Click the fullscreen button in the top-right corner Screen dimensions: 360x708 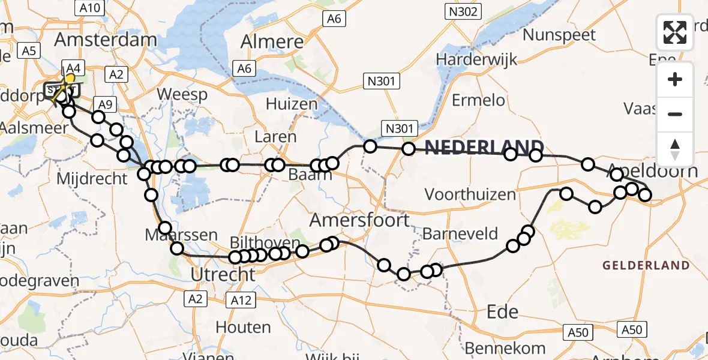[675, 32]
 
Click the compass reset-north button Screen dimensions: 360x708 [675, 149]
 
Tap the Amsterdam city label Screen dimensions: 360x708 [106, 40]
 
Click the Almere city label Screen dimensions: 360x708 [272, 42]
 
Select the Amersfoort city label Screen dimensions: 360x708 [359, 220]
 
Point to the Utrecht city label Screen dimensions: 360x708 [223, 275]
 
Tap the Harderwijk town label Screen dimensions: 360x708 [476, 59]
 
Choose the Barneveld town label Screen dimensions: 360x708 [460, 233]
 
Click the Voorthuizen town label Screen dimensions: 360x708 [470, 194]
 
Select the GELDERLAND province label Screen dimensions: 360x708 [646, 265]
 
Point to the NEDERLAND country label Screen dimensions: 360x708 [484, 148]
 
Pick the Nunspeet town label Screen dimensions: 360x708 [559, 34]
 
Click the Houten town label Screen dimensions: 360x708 [243, 327]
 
